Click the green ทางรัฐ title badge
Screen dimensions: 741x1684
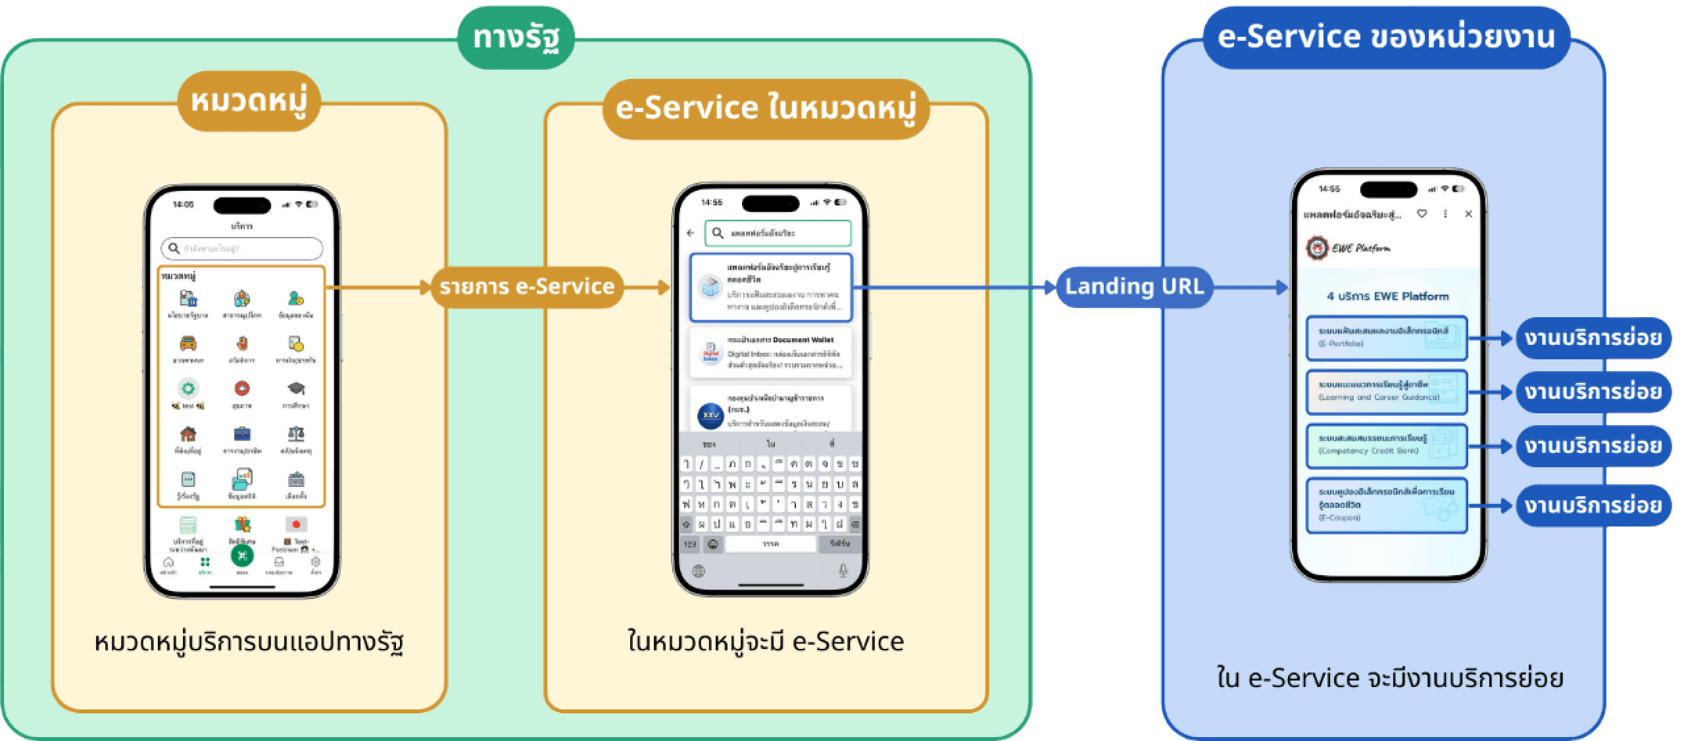[x=516, y=38]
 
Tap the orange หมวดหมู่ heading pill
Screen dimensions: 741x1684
[x=249, y=102]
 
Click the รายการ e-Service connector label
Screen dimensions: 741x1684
[x=527, y=287]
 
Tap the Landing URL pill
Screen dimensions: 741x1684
[x=1134, y=287]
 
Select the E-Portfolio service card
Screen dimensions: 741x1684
[x=1386, y=338]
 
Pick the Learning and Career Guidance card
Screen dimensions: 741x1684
[x=1386, y=392]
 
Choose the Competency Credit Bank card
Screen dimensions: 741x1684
[x=1386, y=446]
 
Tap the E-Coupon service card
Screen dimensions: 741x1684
[x=1386, y=505]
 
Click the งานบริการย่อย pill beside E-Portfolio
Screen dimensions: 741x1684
[x=1593, y=338]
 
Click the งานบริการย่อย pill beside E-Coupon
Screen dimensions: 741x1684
[x=1593, y=505]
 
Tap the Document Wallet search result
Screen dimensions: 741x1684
[x=770, y=353]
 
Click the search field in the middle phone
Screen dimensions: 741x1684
[x=778, y=233]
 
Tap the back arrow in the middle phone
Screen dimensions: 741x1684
[x=690, y=233]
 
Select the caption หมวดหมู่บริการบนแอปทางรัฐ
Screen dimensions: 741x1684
[x=249, y=642]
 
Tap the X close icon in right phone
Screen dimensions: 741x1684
[x=1468, y=214]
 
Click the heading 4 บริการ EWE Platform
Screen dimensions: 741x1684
[x=1387, y=296]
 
